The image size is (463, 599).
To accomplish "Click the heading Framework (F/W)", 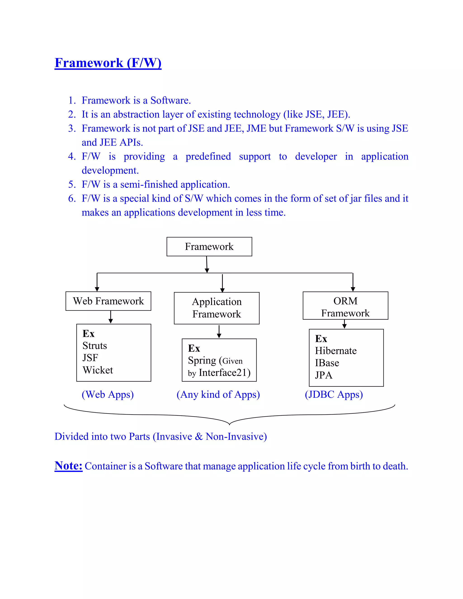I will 108,63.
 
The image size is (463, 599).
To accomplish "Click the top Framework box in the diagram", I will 209,247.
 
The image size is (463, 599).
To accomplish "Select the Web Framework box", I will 108,301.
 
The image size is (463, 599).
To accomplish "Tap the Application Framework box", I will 216,308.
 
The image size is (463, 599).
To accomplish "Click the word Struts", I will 95,346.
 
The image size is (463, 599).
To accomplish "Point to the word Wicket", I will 98,370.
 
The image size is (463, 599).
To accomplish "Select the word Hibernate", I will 336,351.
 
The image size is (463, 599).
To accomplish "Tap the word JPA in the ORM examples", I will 324,375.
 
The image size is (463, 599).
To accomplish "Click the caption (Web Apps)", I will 108,394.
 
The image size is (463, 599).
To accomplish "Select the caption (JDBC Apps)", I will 334,394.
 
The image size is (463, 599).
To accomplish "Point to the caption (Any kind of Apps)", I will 218,394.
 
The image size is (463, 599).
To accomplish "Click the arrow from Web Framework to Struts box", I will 111,317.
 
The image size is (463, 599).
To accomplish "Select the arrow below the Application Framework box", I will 219,332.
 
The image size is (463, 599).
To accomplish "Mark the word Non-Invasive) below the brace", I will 236,436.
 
